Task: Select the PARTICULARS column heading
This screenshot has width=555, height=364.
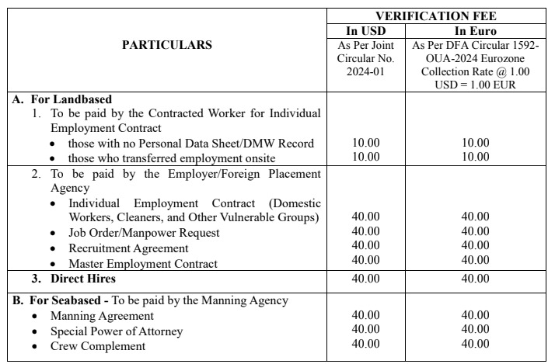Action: pos(166,45)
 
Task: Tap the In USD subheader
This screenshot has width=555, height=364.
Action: pos(365,31)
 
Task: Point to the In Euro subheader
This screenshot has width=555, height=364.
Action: pos(475,31)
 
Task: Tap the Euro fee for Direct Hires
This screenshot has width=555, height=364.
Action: pos(475,278)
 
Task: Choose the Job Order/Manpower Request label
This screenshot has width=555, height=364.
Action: pos(144,233)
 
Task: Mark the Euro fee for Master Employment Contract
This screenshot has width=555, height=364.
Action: pos(475,263)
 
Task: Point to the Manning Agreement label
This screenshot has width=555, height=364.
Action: pos(102,316)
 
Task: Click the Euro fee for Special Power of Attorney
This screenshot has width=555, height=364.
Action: pos(475,331)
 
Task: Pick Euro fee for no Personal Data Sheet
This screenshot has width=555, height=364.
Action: pos(475,143)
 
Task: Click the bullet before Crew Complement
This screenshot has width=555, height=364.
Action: pos(36,346)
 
